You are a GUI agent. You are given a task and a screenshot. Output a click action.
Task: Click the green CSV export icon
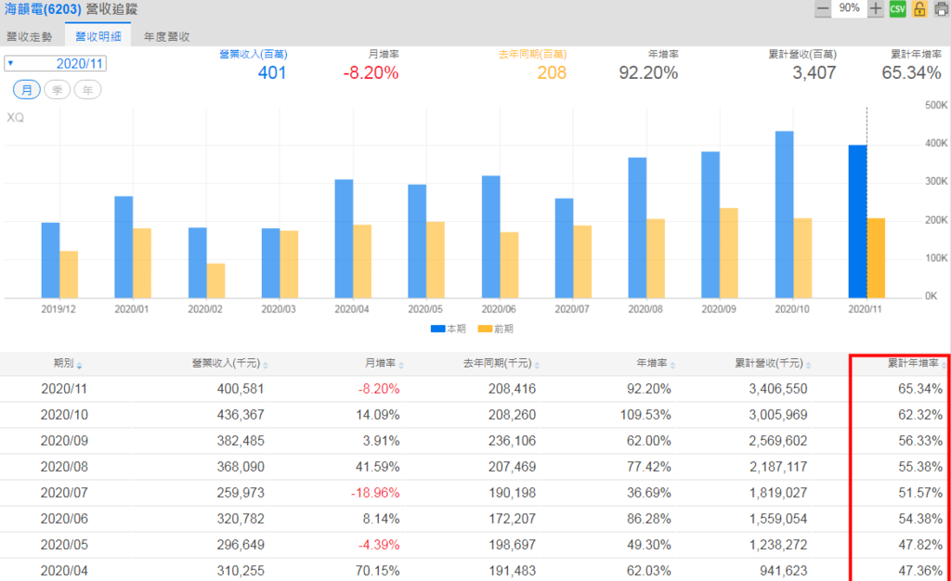coord(897,8)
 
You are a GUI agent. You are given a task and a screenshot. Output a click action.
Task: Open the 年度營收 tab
coord(167,37)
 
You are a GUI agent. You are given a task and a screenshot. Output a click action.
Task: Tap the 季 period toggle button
coord(57,89)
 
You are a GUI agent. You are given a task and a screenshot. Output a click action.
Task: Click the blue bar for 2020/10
coord(784,213)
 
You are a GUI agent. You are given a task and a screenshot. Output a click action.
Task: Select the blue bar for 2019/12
coord(50,260)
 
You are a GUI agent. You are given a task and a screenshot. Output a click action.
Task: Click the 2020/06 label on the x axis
coord(500,308)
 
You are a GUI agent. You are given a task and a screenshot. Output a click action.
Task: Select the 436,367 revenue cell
coord(237,414)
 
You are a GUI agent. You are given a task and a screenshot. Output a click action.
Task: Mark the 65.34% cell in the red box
coord(917,389)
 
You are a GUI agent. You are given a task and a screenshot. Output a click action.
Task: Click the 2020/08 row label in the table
coord(64,465)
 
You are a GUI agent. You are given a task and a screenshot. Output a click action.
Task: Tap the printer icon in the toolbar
coord(941,8)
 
